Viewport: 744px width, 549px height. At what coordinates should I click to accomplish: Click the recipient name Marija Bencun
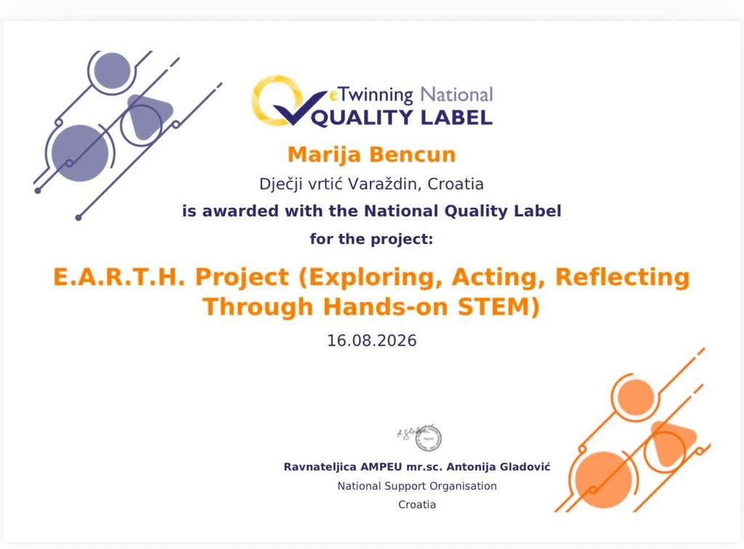(x=371, y=155)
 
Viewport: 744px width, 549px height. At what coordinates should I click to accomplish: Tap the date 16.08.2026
(x=371, y=341)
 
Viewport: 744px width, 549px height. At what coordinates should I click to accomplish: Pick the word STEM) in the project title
(x=498, y=306)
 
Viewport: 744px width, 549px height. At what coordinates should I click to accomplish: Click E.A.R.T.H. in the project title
(x=118, y=277)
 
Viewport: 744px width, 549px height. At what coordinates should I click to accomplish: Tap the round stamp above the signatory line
(x=429, y=439)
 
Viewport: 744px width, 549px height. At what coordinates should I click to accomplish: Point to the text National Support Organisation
(x=417, y=486)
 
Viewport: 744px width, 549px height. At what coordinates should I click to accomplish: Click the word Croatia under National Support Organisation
(x=417, y=505)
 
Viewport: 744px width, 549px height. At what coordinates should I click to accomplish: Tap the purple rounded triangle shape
(x=146, y=115)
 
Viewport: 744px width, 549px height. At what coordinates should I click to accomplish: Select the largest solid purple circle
(x=80, y=153)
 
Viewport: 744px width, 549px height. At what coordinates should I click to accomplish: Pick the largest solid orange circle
(x=604, y=480)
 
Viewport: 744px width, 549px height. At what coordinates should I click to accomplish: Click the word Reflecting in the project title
(x=623, y=277)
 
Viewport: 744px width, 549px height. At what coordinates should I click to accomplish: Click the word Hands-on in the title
(x=386, y=306)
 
